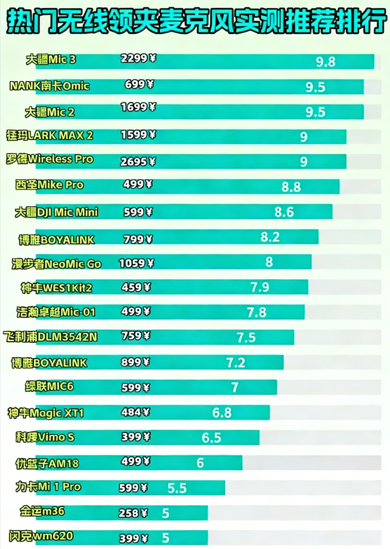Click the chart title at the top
[x=195, y=23]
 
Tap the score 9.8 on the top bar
[x=325, y=62]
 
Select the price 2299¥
[x=139, y=59]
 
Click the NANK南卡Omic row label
[x=49, y=86]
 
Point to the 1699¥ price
[x=139, y=107]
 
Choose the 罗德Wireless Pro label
[x=49, y=159]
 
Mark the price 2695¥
[x=139, y=161]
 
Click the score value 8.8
[x=291, y=187]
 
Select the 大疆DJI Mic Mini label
[x=56, y=212]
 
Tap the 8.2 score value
[x=270, y=238]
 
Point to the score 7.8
[x=257, y=313]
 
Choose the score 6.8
[x=222, y=413]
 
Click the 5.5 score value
[x=177, y=488]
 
